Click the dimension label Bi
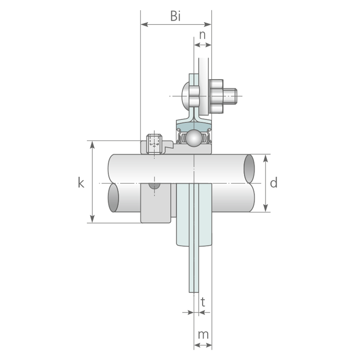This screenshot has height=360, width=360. [x=175, y=16]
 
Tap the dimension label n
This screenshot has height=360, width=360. [x=202, y=35]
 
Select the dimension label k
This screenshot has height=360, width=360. [x=81, y=183]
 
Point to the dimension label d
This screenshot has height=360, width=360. [x=274, y=183]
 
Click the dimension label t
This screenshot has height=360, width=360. [x=203, y=302]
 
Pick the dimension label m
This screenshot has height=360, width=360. [x=203, y=334]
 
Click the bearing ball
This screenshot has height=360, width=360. [x=194, y=138]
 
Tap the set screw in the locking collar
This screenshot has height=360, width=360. [x=154, y=144]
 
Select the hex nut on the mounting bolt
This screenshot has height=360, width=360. [x=217, y=96]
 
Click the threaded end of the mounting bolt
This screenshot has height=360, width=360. [x=230, y=96]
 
